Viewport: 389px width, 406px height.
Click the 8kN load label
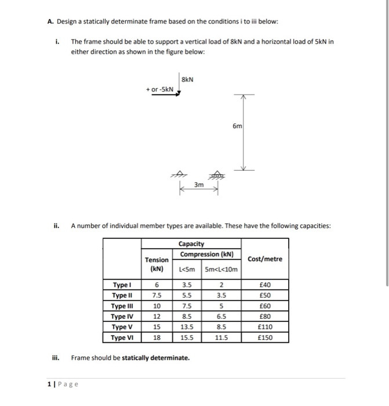tap(187, 79)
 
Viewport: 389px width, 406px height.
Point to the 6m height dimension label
tap(238, 126)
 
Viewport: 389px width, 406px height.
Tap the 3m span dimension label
tap(198, 184)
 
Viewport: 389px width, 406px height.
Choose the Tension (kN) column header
tap(156, 264)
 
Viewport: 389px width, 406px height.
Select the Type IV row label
tap(122, 316)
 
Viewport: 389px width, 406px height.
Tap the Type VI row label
tap(122, 338)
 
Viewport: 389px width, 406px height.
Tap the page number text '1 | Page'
tap(63, 384)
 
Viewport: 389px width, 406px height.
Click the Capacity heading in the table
tap(191, 244)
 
